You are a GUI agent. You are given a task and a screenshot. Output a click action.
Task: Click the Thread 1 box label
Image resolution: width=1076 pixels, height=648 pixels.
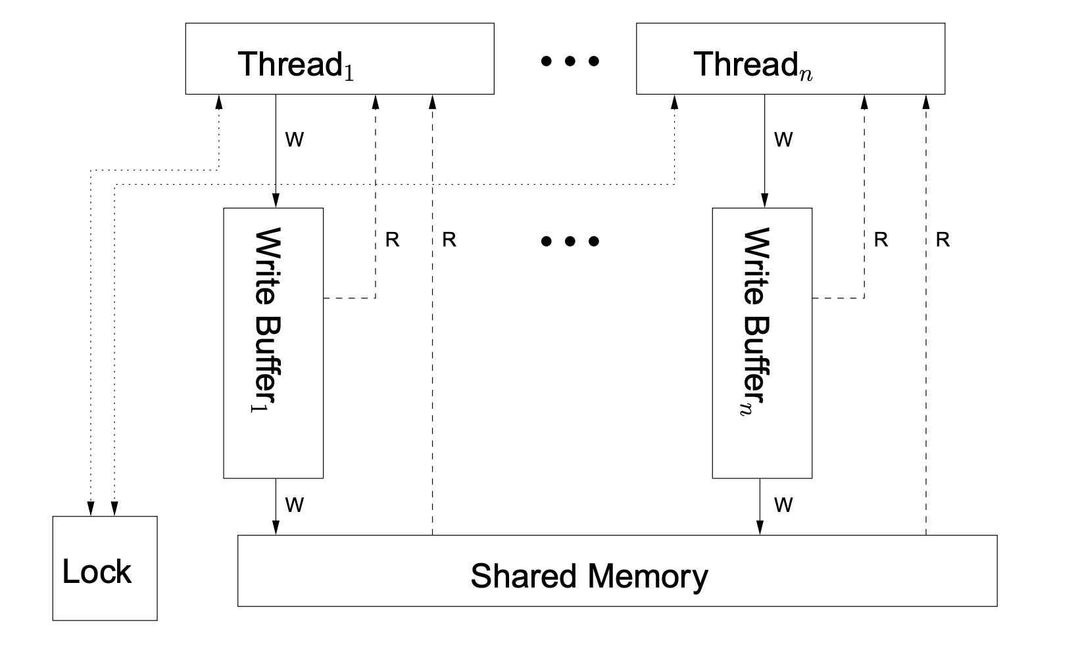coord(296,64)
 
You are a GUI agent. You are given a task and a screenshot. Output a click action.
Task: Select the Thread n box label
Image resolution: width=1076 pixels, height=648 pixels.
coord(752,64)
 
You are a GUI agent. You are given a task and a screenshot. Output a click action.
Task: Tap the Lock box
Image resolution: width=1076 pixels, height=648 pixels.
coord(105,568)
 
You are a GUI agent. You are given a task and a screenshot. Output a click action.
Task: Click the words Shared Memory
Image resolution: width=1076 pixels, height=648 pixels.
coord(589,576)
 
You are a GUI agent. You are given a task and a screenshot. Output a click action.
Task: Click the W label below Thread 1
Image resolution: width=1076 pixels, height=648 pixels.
coord(295,140)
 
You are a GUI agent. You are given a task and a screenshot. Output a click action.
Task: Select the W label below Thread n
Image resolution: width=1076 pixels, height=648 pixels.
coord(783,140)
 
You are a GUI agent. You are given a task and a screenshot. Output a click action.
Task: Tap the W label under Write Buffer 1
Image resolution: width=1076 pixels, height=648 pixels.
coord(295,505)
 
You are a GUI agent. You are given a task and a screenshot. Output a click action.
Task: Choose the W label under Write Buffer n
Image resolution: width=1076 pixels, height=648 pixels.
coord(783,505)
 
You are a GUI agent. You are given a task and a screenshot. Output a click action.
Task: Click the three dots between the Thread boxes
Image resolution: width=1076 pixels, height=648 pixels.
coord(570,62)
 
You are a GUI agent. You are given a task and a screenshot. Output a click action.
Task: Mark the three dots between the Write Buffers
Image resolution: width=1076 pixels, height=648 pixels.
coord(570,241)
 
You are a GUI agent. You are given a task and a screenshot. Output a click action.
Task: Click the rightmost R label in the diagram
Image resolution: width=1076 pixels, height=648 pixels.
coord(942,241)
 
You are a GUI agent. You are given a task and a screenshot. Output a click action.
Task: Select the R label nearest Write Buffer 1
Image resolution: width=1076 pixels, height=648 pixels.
coord(392,241)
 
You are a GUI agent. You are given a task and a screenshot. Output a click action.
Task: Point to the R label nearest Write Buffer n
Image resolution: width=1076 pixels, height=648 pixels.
coord(881,241)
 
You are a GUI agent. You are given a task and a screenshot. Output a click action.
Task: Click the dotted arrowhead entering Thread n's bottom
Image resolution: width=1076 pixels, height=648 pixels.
coord(674,101)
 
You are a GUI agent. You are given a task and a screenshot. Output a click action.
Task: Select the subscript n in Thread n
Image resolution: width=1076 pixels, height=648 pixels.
coord(806,74)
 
